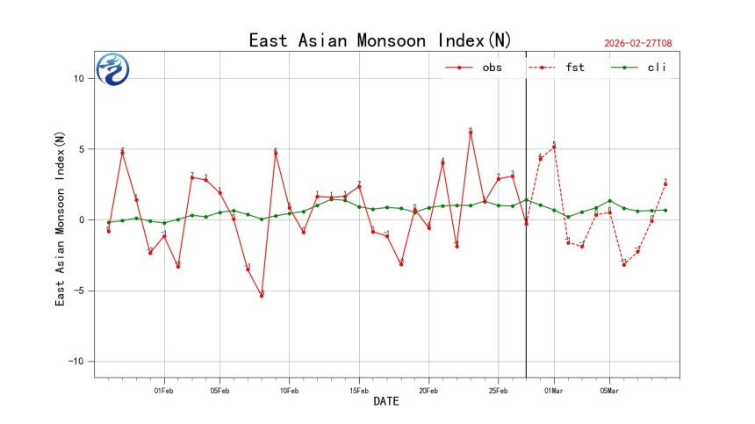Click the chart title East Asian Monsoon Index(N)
379,40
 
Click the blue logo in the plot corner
112,69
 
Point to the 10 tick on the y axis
78,78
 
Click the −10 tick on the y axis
76,362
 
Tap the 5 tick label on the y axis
81,149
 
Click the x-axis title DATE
386,402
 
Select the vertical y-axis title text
60,219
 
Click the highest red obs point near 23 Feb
471,133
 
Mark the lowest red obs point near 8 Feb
262,295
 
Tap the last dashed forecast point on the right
665,184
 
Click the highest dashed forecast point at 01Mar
554,147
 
